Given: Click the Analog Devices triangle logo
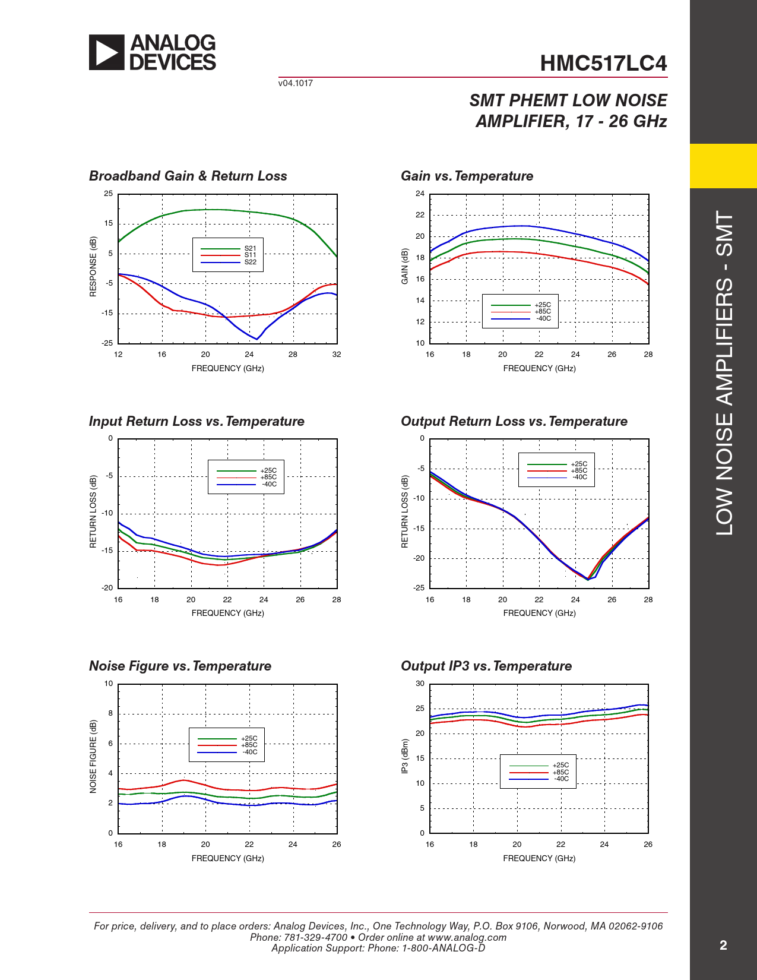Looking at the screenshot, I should click(x=107, y=52).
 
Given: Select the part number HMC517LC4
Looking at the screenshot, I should click(x=603, y=64).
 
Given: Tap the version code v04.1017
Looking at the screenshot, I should click(x=295, y=83).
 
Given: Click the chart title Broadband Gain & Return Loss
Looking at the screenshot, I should click(x=188, y=176).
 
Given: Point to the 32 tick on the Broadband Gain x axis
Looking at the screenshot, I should click(x=337, y=355).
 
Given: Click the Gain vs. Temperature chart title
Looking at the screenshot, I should click(x=467, y=176).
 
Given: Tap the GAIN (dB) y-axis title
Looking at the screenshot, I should click(x=405, y=266).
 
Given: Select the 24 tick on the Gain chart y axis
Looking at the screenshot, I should click(x=420, y=194).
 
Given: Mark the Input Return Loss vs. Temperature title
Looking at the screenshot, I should click(x=197, y=421).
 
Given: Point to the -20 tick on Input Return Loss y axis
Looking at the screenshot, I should click(x=107, y=588).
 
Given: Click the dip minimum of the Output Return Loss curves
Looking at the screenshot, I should click(x=588, y=578).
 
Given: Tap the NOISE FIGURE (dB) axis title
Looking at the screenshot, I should click(x=93, y=756).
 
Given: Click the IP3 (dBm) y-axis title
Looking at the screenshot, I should click(x=405, y=756).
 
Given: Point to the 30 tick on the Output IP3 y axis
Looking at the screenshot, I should click(x=420, y=684).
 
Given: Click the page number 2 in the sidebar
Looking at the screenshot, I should click(x=723, y=946).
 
